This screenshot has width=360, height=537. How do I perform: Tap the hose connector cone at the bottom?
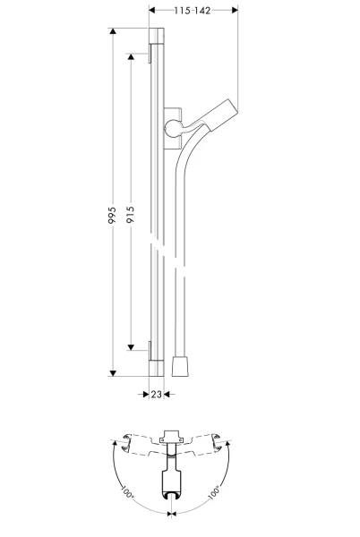179,366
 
